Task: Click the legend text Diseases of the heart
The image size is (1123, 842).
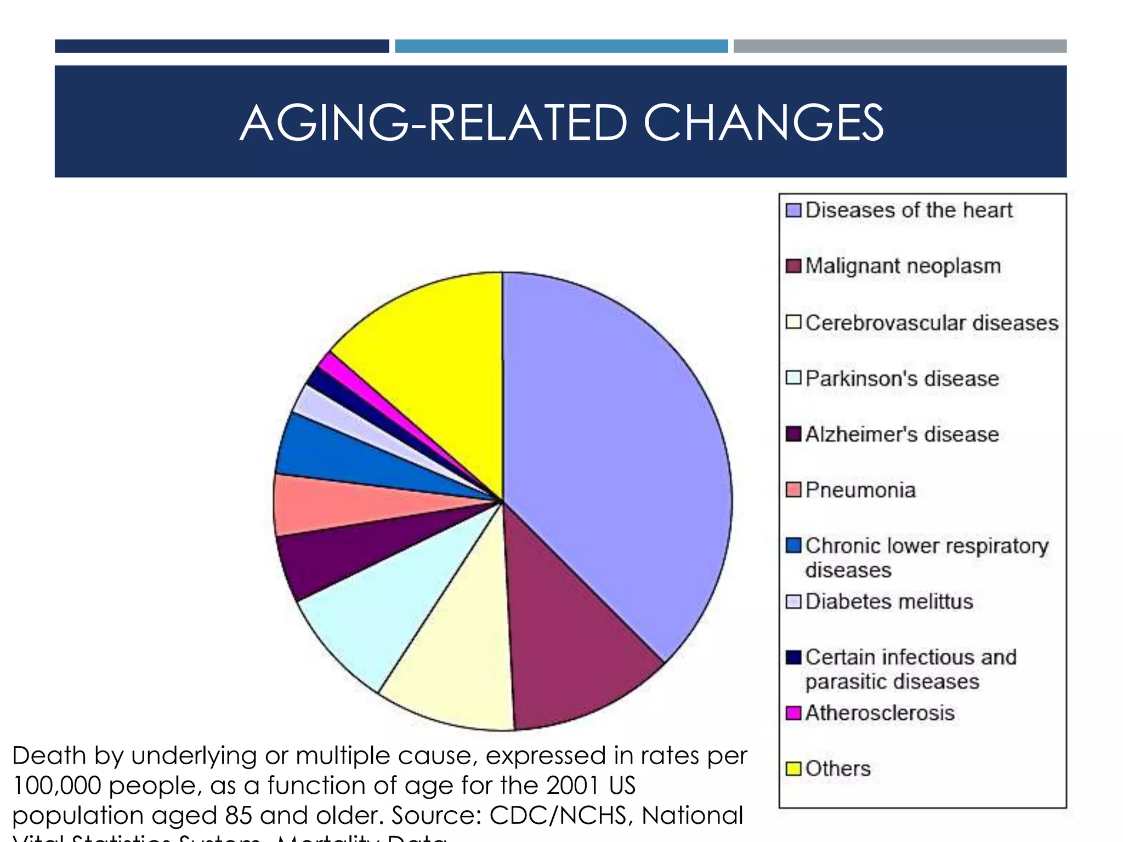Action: click(909, 210)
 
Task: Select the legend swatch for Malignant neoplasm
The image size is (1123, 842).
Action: click(793, 266)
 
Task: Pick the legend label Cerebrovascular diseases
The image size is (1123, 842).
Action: click(932, 322)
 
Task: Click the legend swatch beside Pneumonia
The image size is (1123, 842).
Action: click(793, 490)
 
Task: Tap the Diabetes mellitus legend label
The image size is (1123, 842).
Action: click(889, 601)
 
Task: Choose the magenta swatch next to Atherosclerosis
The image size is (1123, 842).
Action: click(793, 713)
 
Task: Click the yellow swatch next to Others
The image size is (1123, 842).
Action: click(793, 769)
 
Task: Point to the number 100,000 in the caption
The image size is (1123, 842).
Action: click(56, 786)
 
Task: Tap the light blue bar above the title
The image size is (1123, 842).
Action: click(561, 46)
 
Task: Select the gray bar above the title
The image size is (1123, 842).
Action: click(900, 46)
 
